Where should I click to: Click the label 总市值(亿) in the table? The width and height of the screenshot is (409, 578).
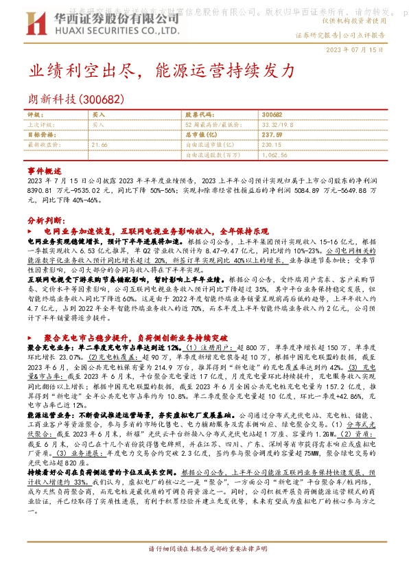202,135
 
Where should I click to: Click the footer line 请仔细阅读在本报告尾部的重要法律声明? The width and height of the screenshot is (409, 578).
204,568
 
